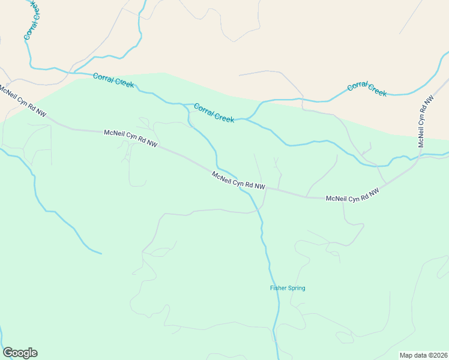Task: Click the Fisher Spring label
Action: [287, 288]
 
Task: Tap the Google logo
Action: [20, 353]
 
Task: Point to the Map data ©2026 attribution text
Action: [423, 355]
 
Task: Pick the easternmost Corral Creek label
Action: [367, 89]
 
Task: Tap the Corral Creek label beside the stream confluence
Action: [214, 113]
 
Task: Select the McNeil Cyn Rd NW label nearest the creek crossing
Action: [238, 181]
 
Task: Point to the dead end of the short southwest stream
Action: [101, 253]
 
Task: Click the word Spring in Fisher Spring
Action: [296, 288]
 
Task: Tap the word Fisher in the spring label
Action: [278, 288]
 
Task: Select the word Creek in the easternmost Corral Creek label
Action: [376, 91]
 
